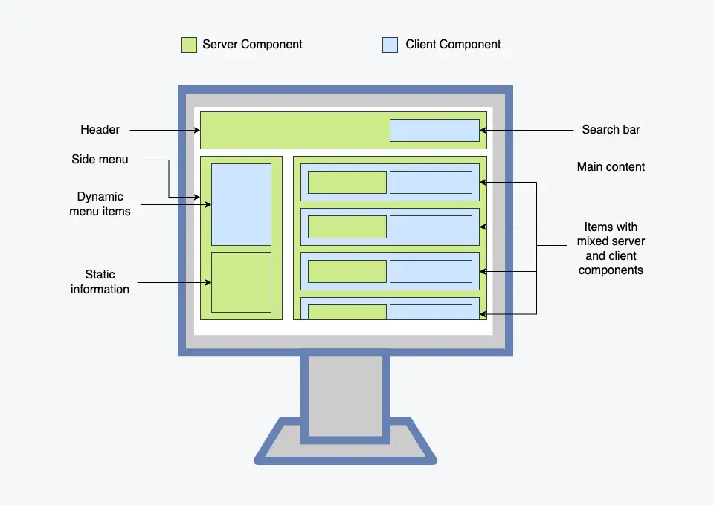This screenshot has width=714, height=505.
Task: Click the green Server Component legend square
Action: point(189,45)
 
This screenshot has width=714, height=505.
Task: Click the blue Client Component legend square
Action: point(390,45)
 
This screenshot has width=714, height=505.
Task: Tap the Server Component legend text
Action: point(252,44)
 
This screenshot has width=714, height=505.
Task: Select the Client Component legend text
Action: point(453,44)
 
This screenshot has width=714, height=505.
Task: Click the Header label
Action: point(100,129)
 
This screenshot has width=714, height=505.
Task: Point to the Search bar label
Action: point(611,129)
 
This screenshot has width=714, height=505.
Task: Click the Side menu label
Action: point(100,159)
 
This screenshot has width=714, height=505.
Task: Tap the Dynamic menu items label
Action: point(100,203)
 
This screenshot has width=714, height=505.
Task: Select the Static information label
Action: point(100,281)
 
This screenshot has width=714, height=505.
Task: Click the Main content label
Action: point(611,167)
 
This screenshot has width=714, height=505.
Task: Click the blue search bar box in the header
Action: point(434,130)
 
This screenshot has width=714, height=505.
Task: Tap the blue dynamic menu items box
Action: point(241,204)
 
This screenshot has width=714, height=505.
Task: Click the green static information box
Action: point(241,282)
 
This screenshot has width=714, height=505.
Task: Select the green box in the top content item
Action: point(347,182)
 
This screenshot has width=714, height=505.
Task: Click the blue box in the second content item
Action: point(431,227)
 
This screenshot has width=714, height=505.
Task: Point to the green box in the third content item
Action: point(347,271)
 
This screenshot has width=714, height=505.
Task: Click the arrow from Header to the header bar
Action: point(165,131)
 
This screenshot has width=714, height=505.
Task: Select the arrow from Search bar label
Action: point(527,130)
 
